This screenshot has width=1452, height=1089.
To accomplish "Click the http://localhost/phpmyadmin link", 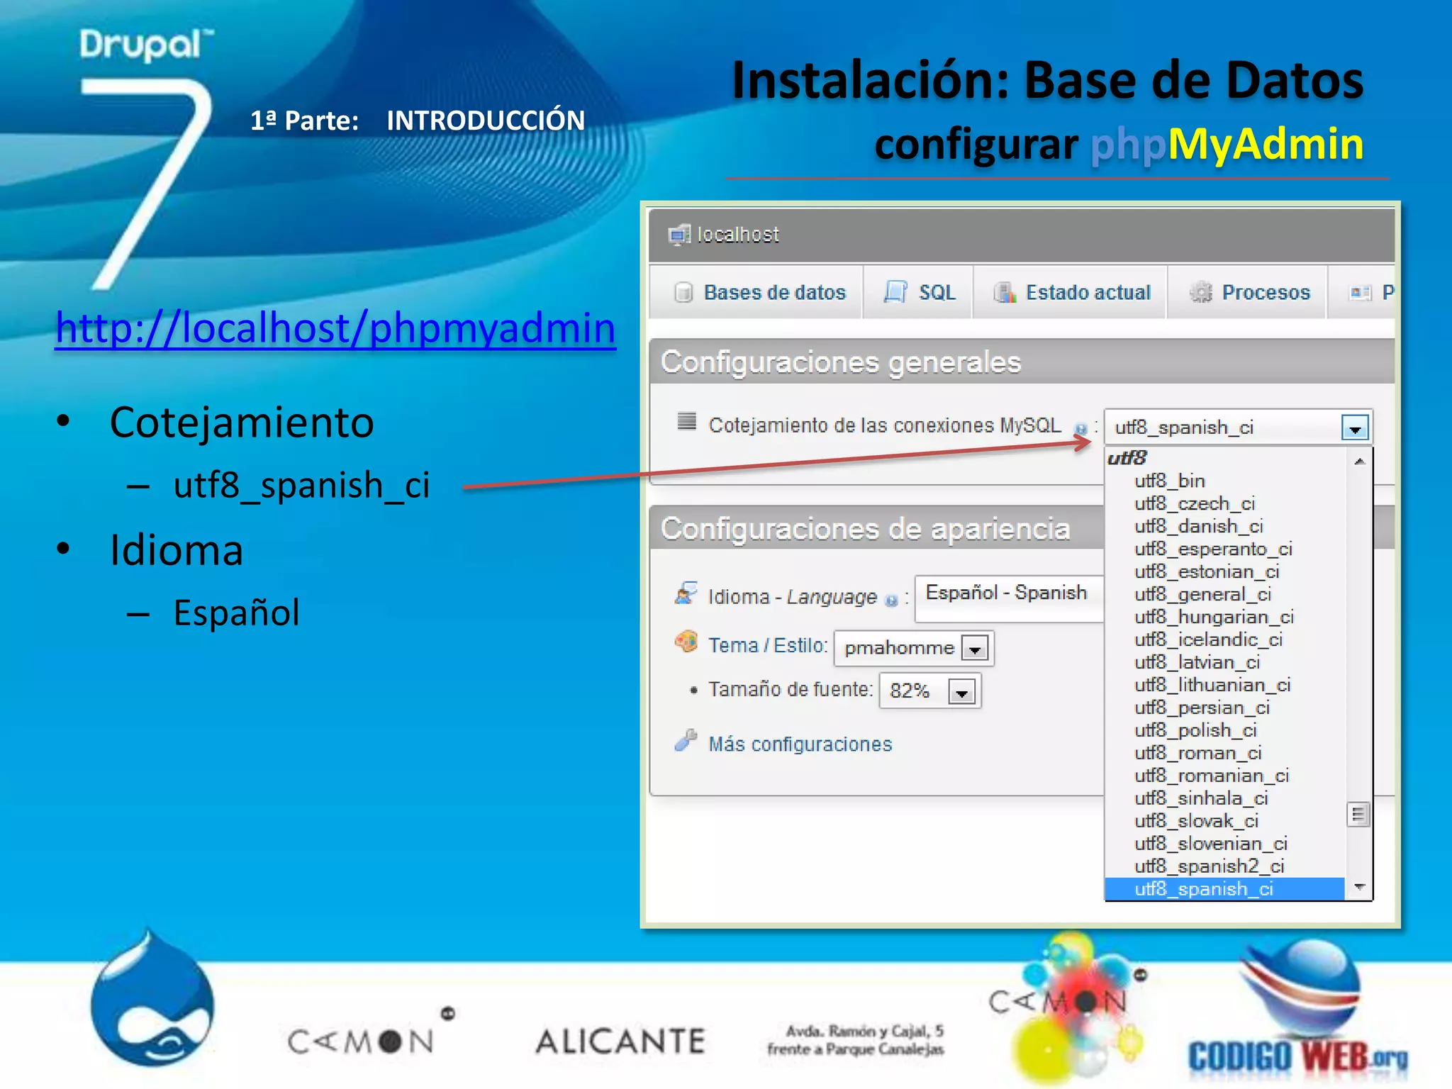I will point(335,328).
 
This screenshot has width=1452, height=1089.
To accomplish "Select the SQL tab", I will point(920,293).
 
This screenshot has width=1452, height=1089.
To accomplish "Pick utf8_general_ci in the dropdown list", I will point(1202,594).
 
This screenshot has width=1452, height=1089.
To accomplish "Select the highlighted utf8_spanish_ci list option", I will point(1204,889).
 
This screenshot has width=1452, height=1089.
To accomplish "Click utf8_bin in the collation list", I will point(1170,481).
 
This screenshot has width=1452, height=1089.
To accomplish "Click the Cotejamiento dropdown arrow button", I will point(1355,428).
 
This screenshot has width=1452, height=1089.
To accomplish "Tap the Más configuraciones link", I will point(800,744).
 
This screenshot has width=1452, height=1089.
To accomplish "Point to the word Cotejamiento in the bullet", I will point(241,423).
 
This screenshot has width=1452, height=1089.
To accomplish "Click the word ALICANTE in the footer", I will point(620,1041).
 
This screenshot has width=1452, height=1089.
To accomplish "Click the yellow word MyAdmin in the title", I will point(1266,144).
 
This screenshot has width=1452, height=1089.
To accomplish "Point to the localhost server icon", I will point(678,235).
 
